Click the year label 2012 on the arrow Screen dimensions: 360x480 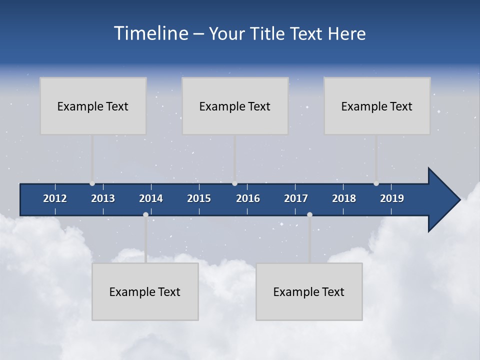pyautogui.click(x=55, y=198)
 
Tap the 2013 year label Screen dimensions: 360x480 pyautogui.click(x=103, y=198)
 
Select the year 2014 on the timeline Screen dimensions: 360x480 pyautogui.click(x=151, y=198)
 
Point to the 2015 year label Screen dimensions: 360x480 pyautogui.click(x=199, y=198)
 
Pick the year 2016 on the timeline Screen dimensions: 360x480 pyautogui.click(x=248, y=198)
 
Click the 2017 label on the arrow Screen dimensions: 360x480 pyautogui.click(x=296, y=198)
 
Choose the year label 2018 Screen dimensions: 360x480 pyautogui.click(x=344, y=198)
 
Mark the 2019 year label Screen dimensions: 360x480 pyautogui.click(x=392, y=198)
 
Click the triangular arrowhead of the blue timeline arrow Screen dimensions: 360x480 pyautogui.click(x=443, y=199)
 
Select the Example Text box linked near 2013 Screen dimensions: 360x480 pyautogui.click(x=93, y=106)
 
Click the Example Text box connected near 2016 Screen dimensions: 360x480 pyautogui.click(x=235, y=106)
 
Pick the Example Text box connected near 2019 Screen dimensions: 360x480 pyautogui.click(x=377, y=106)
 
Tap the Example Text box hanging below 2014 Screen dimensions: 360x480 pyautogui.click(x=145, y=291)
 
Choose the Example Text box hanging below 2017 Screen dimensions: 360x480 pyautogui.click(x=309, y=291)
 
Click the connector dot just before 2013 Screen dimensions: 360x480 pyautogui.click(x=92, y=183)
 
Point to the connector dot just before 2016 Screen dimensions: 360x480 pyautogui.click(x=235, y=183)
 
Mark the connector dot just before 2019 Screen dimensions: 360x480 pyautogui.click(x=376, y=183)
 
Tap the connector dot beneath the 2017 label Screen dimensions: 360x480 pyautogui.click(x=309, y=214)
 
